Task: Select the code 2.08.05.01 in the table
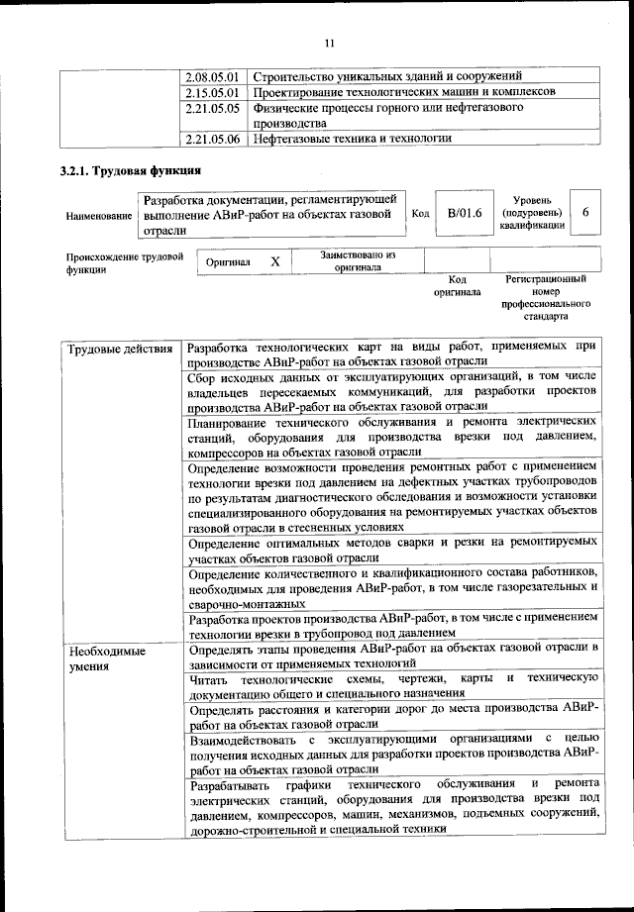tap(214, 76)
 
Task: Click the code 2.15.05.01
tap(214, 91)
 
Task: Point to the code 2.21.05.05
tap(214, 107)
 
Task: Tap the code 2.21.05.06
tap(214, 139)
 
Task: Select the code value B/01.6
tap(464, 213)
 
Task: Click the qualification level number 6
tap(585, 213)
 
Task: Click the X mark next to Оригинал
tap(276, 261)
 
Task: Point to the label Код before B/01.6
tap(419, 214)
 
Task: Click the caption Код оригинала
tap(457, 286)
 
